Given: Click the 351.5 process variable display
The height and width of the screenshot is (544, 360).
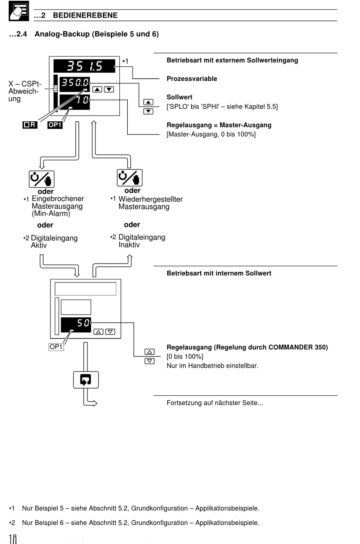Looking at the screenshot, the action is pos(84,66).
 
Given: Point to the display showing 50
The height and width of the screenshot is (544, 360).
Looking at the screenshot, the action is pos(76,325).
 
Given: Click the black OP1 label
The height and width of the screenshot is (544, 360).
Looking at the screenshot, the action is pos(55,125).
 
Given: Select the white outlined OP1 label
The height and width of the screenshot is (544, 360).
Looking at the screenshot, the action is pos(56,347).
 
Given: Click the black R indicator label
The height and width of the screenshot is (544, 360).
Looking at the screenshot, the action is pos(30,125).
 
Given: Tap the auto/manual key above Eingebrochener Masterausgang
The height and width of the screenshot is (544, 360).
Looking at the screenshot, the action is pos(42,179).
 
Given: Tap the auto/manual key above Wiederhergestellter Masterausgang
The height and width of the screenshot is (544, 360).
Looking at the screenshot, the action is pos(130,178).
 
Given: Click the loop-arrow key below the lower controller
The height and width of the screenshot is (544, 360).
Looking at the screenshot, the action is pos(86,380).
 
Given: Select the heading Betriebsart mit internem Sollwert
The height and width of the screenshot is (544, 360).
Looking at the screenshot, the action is pos(219,273).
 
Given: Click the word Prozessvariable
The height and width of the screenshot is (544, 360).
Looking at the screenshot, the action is pos(192,79).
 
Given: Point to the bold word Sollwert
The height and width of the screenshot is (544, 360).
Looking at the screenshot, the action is pos(179,97).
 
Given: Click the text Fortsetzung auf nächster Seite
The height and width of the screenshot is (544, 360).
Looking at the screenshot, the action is pos(214,403).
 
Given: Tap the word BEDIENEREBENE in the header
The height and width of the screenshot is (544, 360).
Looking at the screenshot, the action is pos(85,15).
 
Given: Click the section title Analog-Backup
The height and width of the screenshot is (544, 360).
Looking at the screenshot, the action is pos(62,34).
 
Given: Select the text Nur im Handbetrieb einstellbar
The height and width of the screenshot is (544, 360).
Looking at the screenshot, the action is pos(213,365).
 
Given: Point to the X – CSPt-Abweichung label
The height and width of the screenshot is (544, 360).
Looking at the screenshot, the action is pos(25,91).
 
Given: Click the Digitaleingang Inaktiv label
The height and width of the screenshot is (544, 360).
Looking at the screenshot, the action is pos(142,241).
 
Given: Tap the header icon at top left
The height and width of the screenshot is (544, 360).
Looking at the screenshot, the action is pos(19,11).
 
